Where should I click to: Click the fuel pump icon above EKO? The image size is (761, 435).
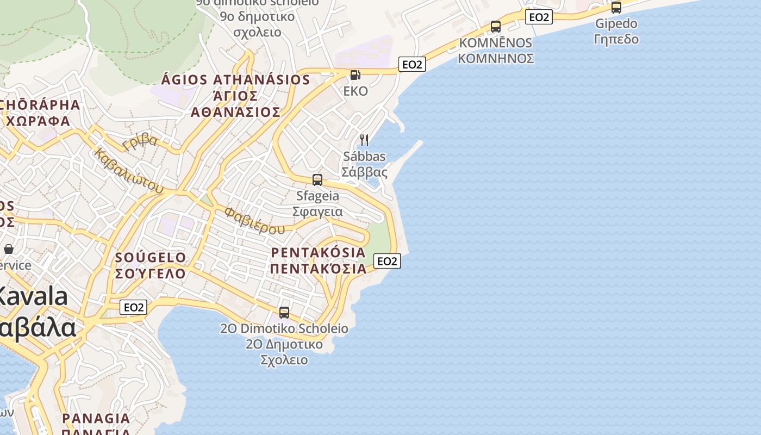[355, 75]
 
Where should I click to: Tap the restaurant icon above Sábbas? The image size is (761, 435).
[364, 140]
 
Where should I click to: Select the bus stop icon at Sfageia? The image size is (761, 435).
[317, 180]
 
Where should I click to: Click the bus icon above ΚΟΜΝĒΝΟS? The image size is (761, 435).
[495, 27]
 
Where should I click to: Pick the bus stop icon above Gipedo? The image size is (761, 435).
[616, 8]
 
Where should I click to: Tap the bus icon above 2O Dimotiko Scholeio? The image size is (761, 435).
[284, 313]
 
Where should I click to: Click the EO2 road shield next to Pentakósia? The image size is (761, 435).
[387, 262]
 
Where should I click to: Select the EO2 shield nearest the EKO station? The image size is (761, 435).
[411, 65]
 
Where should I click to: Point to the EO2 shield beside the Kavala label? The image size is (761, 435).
[133, 307]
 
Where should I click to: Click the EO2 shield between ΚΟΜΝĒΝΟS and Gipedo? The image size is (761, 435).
[539, 17]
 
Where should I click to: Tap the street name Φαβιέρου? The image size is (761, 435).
[254, 220]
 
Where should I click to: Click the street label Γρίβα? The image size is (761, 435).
[140, 142]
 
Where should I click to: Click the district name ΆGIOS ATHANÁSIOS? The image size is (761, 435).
[235, 80]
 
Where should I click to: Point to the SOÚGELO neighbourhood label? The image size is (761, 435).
[151, 257]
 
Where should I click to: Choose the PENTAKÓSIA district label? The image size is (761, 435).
[318, 253]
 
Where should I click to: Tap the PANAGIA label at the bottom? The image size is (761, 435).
[96, 419]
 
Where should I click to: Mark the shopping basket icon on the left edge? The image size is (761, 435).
[9, 249]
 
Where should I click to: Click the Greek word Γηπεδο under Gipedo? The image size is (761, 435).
[616, 39]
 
